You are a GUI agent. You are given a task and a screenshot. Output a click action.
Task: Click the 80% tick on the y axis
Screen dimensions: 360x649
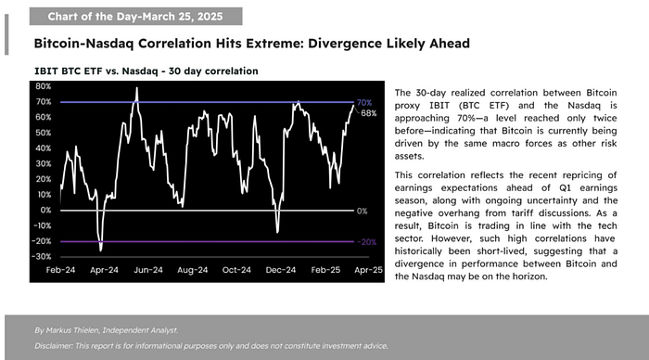pos(42,86)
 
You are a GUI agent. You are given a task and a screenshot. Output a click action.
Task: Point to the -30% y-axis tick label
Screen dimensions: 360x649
pos(41,256)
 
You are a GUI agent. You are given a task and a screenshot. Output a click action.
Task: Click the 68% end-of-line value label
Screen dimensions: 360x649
pos(368,113)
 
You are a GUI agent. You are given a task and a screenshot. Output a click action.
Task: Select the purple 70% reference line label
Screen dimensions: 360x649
pos(364,102)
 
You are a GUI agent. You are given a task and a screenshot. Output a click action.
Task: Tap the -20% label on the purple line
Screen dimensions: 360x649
pos(366,241)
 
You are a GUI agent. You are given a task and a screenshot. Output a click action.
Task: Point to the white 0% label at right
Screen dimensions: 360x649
pos(363,211)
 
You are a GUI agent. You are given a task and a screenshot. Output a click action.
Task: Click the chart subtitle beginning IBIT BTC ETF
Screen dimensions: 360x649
pos(146,71)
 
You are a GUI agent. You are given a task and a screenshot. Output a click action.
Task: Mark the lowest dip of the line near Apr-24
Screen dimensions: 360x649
pos(100,249)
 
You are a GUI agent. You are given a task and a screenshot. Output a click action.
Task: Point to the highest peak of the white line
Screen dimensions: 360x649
pos(137,89)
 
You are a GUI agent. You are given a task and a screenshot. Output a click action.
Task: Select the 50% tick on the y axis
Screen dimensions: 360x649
pos(42,133)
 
